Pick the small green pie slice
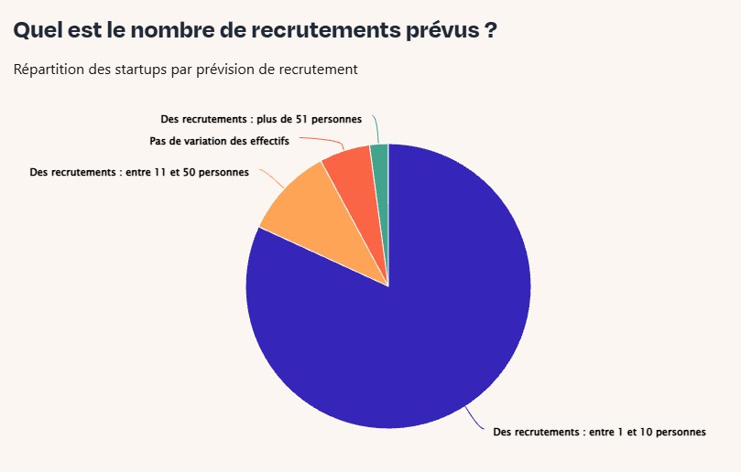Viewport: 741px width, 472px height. coord(380,159)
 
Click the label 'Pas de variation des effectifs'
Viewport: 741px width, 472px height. coord(219,141)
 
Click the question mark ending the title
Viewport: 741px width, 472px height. coord(491,30)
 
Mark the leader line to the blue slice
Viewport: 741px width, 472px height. coord(475,419)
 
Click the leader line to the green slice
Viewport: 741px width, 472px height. coord(376,130)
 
